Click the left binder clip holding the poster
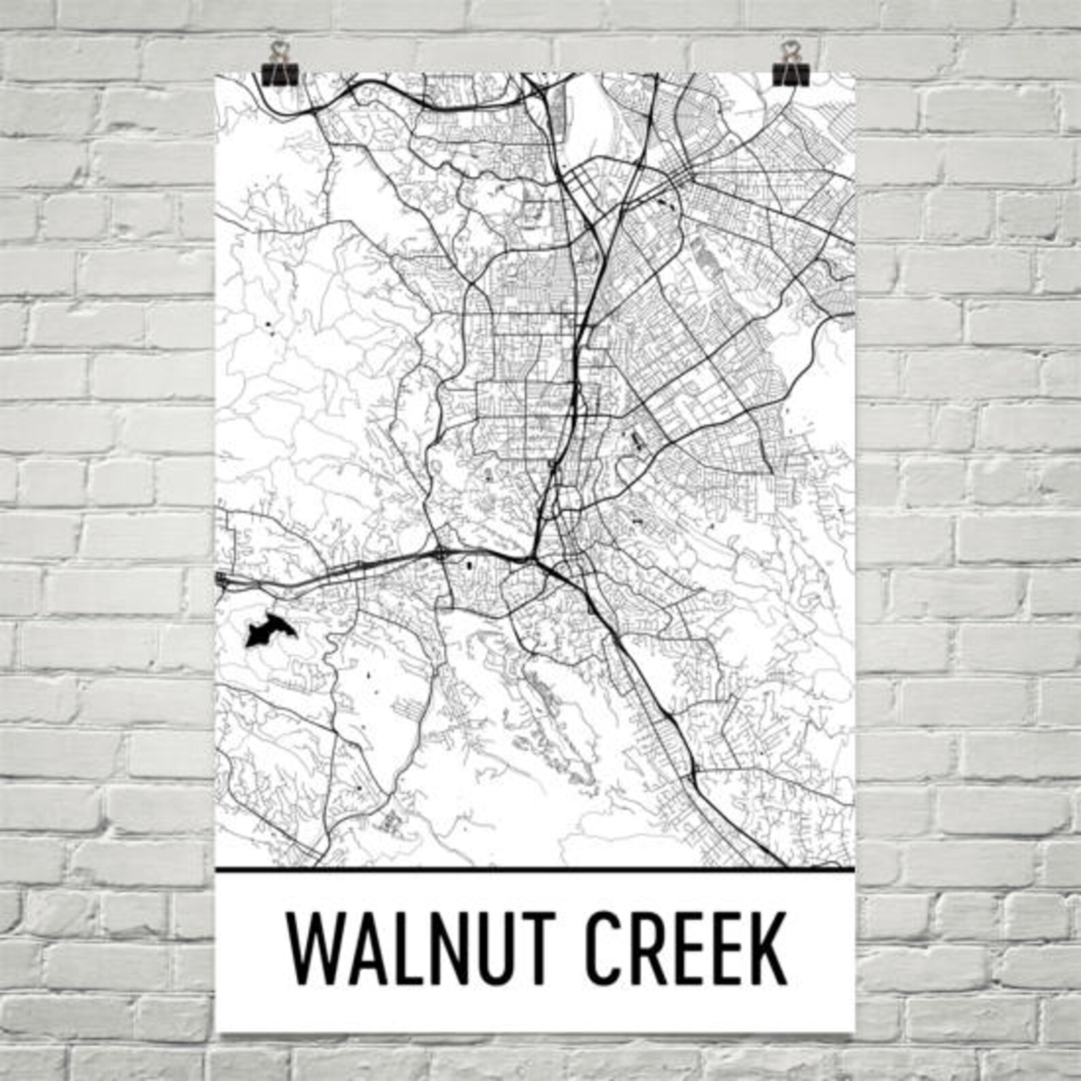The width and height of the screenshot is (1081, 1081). (x=277, y=65)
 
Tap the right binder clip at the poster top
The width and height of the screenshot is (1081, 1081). (x=790, y=65)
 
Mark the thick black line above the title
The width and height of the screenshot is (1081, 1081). (x=534, y=870)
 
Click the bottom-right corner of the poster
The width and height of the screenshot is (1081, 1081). (x=853, y=1032)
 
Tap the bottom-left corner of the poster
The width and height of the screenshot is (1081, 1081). (x=216, y=1032)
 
